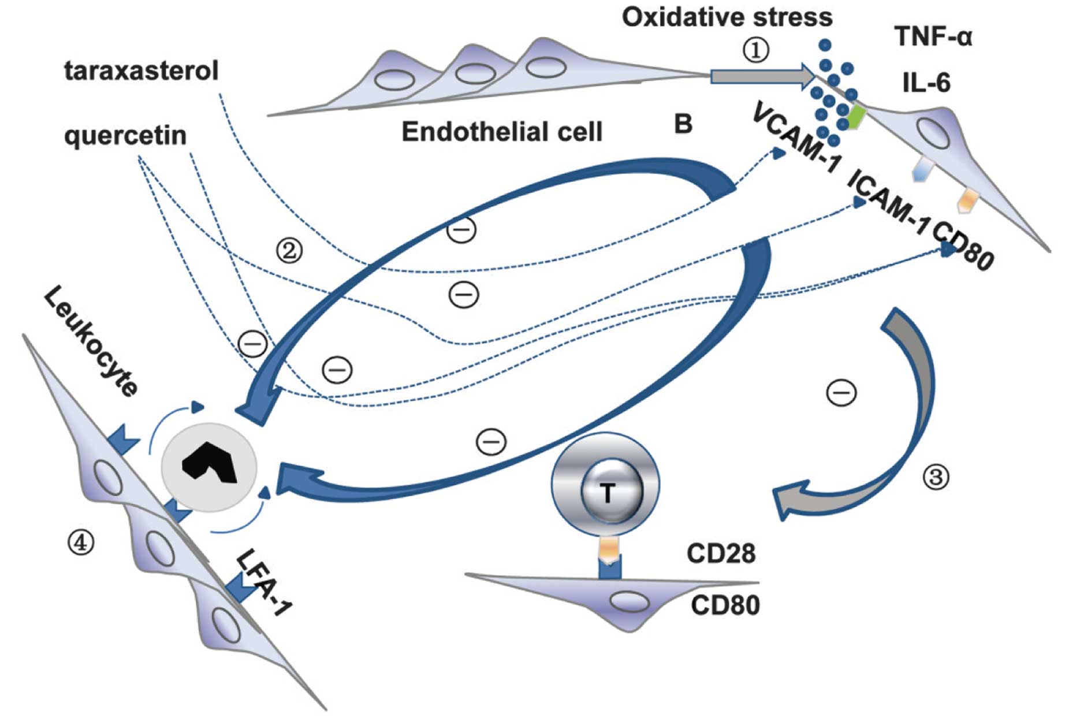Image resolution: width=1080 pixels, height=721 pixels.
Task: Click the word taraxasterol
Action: (141, 71)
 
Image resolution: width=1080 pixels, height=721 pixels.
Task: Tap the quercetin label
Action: (125, 136)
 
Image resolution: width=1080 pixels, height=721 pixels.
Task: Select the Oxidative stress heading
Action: (727, 17)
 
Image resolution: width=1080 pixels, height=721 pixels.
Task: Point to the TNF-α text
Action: (933, 37)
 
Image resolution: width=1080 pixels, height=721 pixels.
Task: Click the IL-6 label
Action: (926, 83)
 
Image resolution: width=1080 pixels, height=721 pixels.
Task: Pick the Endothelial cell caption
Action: (501, 132)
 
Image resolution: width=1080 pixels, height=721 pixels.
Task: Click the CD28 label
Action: (721, 553)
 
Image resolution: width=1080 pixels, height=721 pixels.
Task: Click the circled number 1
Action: (755, 50)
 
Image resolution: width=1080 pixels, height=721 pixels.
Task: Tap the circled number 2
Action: (289, 251)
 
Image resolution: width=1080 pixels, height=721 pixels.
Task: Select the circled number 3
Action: (936, 477)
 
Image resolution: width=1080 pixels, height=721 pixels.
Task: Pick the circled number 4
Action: (81, 542)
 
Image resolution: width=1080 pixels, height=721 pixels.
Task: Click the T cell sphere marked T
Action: (606, 492)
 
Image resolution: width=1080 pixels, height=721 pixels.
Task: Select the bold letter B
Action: (683, 123)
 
